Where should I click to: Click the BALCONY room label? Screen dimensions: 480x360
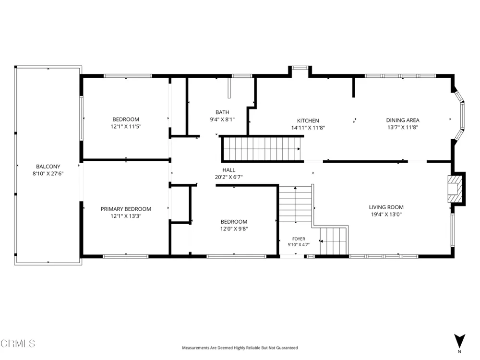48,167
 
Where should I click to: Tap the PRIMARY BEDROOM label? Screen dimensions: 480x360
126,209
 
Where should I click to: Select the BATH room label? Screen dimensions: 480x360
222,112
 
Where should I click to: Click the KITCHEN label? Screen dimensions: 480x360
308,121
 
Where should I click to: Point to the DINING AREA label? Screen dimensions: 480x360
403,120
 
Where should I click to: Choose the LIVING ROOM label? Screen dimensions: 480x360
386,207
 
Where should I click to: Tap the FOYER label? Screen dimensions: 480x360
299,239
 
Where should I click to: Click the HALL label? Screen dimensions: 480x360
228,170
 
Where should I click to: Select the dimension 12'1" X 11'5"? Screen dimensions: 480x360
126,126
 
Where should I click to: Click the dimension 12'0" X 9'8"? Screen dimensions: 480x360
234,228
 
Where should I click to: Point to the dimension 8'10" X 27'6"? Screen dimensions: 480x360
48,174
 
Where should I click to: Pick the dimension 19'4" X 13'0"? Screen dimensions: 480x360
386,214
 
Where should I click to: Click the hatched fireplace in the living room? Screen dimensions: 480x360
454,189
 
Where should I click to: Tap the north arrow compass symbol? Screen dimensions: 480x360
459,341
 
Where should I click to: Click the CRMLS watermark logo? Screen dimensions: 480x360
18,344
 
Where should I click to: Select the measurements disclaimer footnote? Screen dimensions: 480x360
240,348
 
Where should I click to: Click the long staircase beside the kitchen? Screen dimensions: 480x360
262,149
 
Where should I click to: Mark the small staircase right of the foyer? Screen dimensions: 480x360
334,240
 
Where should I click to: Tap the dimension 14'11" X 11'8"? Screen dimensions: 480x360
308,128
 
